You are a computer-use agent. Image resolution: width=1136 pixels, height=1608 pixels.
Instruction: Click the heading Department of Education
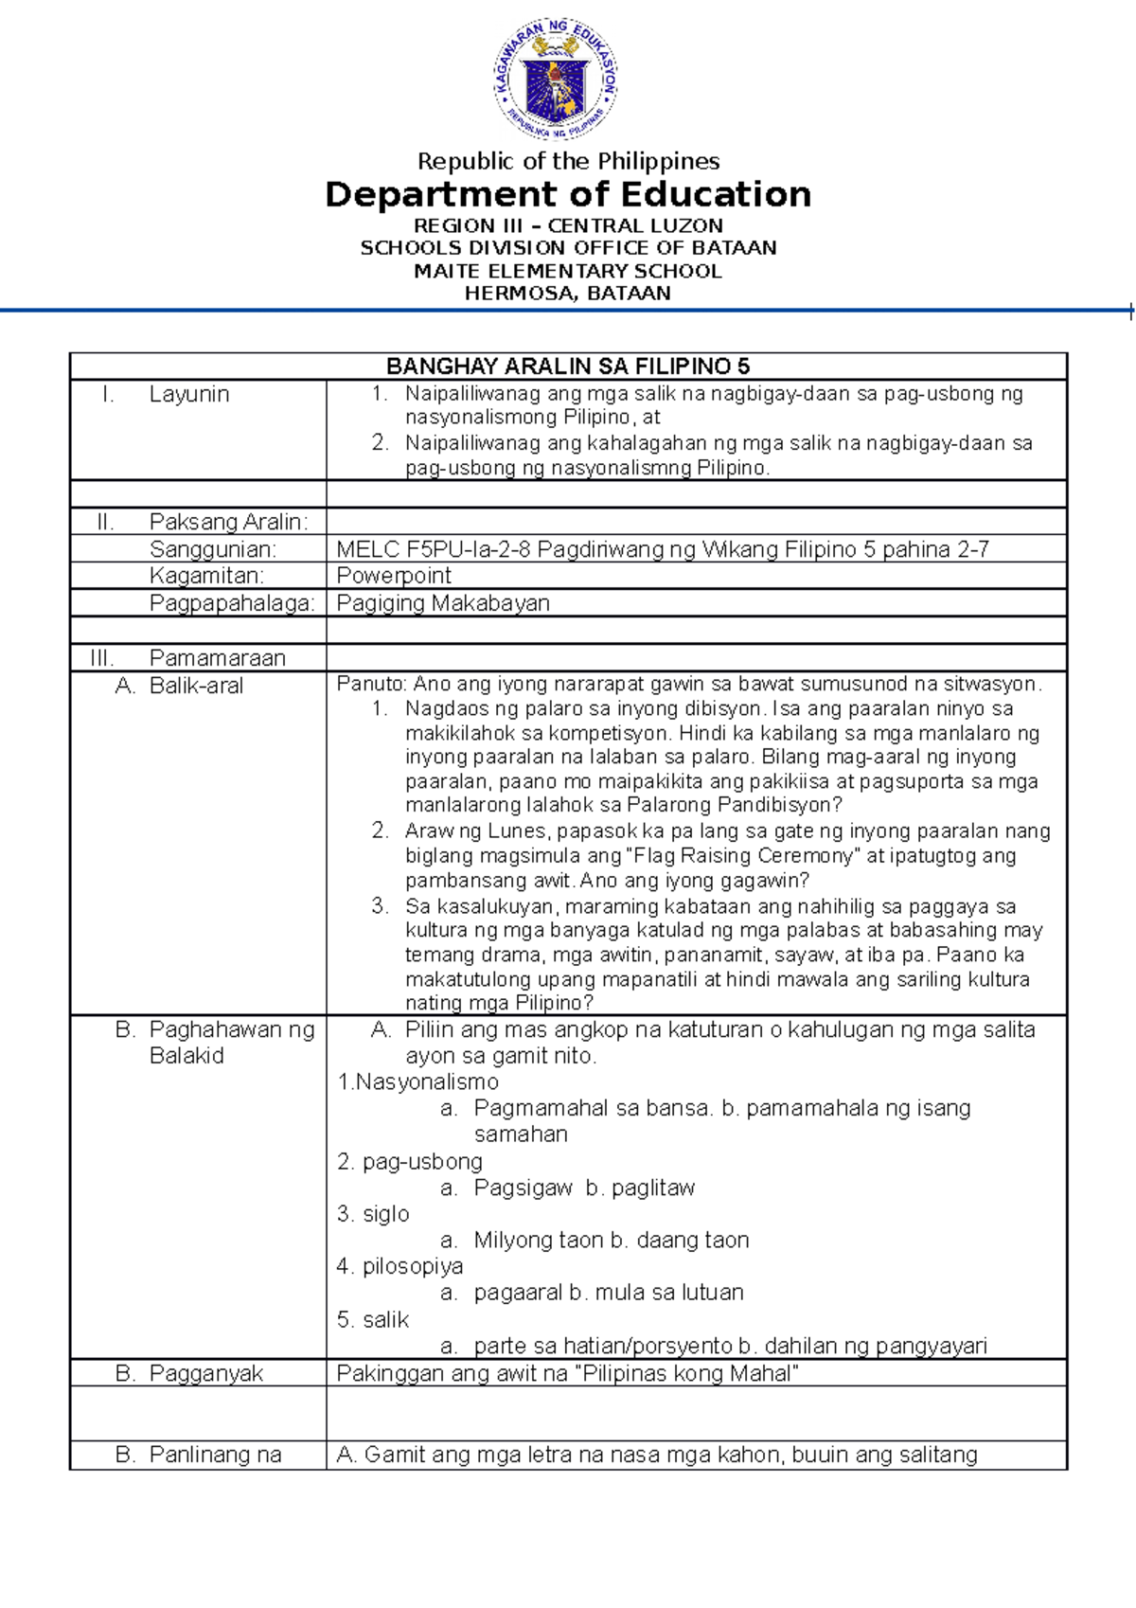click(x=568, y=195)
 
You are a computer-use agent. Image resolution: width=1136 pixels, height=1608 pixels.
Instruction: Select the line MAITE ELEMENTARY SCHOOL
click(x=568, y=271)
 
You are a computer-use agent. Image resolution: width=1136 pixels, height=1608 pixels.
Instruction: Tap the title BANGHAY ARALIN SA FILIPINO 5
click(x=568, y=366)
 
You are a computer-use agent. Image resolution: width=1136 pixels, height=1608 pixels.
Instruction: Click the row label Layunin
click(x=188, y=394)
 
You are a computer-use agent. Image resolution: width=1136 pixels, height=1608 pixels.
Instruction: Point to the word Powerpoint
click(x=394, y=576)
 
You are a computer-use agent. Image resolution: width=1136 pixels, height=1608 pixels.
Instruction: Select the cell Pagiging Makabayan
click(x=443, y=603)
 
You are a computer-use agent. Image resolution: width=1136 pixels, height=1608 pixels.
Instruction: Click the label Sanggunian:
click(x=212, y=549)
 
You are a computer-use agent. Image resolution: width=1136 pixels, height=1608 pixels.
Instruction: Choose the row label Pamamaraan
click(x=217, y=657)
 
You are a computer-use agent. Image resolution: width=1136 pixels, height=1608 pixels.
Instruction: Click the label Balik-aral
click(x=196, y=686)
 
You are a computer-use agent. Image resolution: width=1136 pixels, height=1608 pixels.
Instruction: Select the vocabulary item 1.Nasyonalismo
click(x=417, y=1081)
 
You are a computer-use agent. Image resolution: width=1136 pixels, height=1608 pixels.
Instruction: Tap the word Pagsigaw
click(x=523, y=1188)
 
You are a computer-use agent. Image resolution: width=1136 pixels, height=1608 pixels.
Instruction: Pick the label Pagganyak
click(x=205, y=1373)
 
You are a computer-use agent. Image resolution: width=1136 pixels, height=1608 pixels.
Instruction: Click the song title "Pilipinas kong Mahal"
click(x=687, y=1373)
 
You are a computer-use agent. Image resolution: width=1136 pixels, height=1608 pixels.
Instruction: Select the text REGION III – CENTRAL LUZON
click(x=568, y=225)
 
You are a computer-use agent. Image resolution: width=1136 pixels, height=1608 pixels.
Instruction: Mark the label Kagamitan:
click(x=206, y=576)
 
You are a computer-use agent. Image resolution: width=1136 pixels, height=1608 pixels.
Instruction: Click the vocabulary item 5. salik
click(x=373, y=1319)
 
